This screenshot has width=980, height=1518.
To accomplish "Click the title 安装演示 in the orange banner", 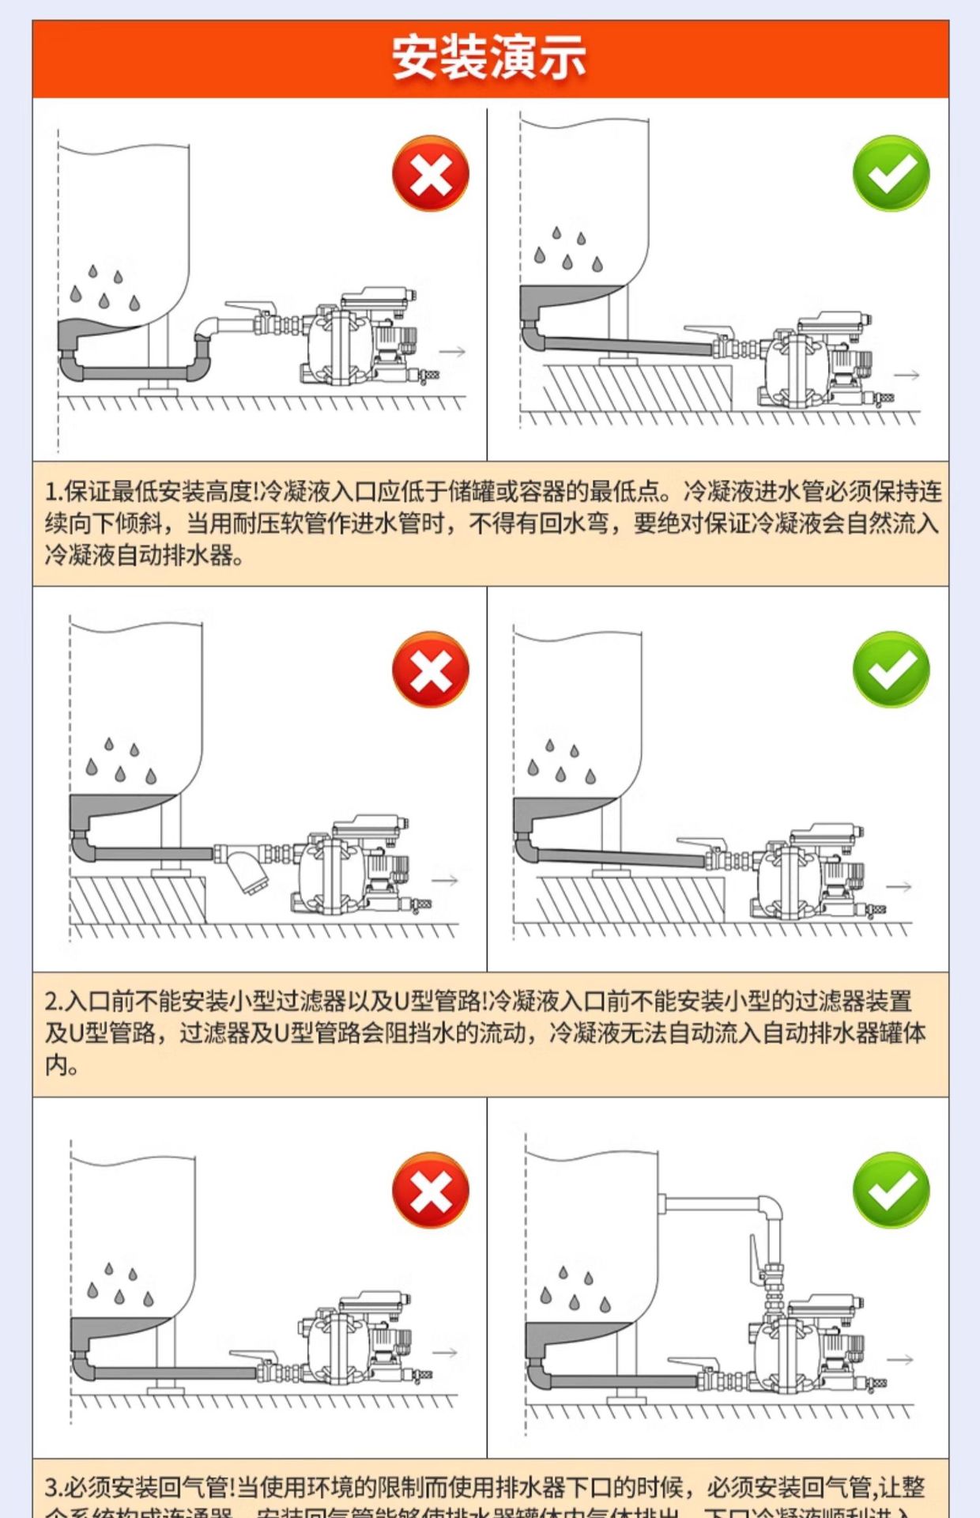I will click(489, 59).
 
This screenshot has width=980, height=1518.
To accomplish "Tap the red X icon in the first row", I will click(431, 174).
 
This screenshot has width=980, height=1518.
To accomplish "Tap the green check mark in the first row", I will click(891, 174).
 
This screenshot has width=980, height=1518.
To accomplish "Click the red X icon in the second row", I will click(431, 670).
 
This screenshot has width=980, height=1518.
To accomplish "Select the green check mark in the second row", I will click(891, 670).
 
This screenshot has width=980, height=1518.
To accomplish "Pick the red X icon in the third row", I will click(431, 1190).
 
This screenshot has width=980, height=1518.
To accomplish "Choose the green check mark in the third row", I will click(891, 1190).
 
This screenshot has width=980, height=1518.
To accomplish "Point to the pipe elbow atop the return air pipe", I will click(771, 1208).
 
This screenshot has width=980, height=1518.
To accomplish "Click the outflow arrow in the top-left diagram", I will click(452, 352).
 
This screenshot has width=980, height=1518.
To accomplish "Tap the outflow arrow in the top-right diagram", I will click(906, 375).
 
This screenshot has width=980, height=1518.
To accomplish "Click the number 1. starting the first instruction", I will click(54, 493).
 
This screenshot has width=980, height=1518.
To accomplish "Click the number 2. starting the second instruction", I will click(54, 1002).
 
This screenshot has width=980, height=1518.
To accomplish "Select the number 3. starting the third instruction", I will click(54, 1488).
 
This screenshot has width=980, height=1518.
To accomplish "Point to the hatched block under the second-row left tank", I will click(138, 900).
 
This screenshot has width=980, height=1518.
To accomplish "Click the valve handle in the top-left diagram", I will click(249, 307).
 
